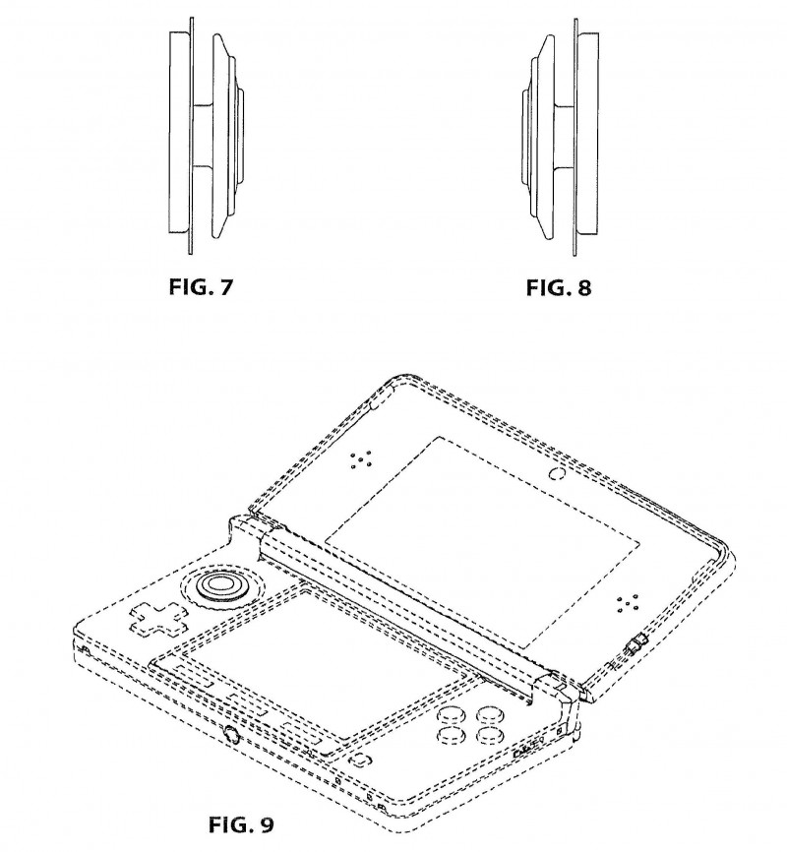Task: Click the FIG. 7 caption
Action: [201, 286]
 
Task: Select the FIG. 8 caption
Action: [558, 287]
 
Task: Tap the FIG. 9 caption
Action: [241, 824]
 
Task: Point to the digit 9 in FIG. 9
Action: [267, 824]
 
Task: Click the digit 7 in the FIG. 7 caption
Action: [225, 286]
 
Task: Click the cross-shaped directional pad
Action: [158, 620]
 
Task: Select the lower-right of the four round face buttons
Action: [491, 735]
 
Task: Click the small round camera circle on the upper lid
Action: [557, 472]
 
